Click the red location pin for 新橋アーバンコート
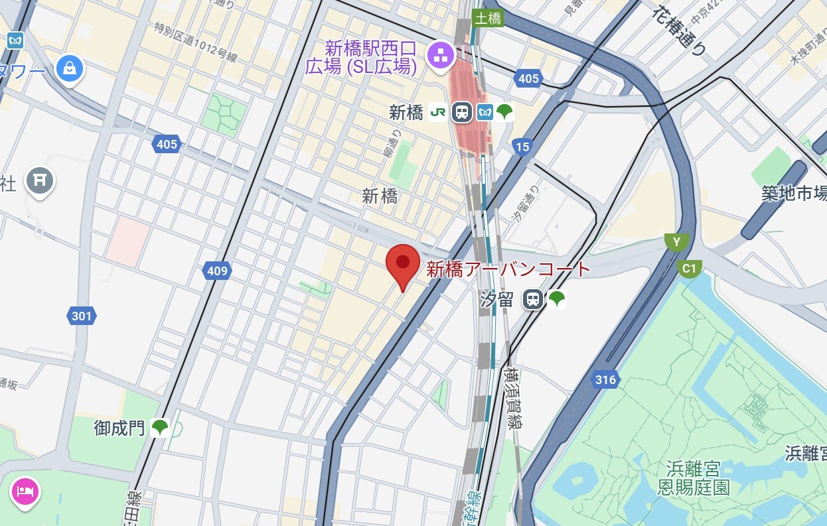[x=403, y=264]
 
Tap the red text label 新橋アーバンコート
[x=508, y=269]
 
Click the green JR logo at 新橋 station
[x=438, y=112]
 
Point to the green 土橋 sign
[x=489, y=19]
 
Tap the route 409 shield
[x=217, y=271]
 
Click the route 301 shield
[x=82, y=316]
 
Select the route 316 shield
[x=605, y=380]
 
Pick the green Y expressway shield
[x=676, y=242]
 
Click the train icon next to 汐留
[x=532, y=299]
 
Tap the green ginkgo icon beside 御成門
[x=159, y=428]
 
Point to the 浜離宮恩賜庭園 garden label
[x=693, y=479]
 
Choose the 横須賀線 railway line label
[x=512, y=399]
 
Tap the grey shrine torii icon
[x=40, y=178]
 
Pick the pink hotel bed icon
[x=25, y=492]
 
